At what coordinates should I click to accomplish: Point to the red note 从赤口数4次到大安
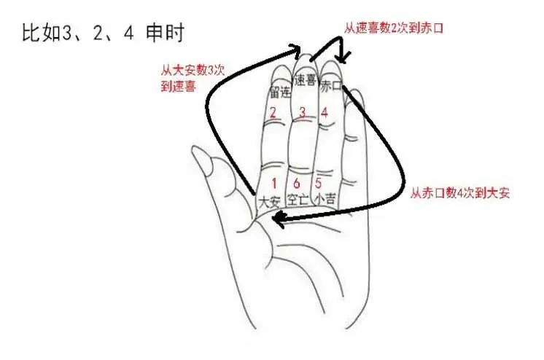(x=459, y=193)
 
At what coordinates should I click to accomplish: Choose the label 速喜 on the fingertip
(x=305, y=80)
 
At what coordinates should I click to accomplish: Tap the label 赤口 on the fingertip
(x=330, y=86)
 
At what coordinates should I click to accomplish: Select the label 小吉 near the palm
(x=325, y=198)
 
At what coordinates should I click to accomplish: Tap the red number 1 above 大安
(x=274, y=183)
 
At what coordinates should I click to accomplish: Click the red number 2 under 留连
(x=272, y=113)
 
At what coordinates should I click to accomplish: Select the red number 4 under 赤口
(x=325, y=113)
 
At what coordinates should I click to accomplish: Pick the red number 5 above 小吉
(x=319, y=183)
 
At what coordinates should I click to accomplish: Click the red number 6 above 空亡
(x=297, y=183)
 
